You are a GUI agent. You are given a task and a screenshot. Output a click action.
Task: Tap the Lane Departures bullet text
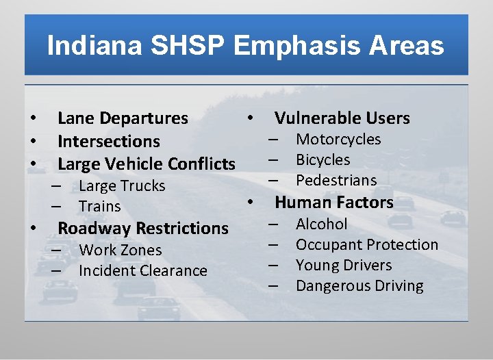click(123, 118)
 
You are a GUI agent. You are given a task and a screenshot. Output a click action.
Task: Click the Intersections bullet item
click(108, 142)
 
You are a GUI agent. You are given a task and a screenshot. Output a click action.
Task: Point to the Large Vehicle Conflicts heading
click(146, 164)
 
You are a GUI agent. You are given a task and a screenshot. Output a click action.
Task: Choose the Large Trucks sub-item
click(122, 186)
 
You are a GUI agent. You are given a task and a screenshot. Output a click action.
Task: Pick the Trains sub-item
click(99, 207)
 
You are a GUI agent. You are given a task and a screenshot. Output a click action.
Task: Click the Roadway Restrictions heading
click(142, 229)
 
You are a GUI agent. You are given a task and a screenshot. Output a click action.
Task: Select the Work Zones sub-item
click(120, 250)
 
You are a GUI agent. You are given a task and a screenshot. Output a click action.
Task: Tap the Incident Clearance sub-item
click(142, 271)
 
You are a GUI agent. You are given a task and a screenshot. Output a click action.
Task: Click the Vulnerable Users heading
click(342, 118)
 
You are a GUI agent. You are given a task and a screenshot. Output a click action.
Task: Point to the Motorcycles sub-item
click(338, 140)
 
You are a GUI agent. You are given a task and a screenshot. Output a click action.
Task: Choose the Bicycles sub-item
click(323, 160)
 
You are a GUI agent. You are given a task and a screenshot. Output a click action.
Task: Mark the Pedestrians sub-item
click(336, 181)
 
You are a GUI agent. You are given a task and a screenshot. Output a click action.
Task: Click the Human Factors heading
click(333, 203)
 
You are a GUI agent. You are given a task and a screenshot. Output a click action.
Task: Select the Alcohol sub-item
click(321, 224)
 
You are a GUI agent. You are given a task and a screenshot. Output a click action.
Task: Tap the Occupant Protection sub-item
click(366, 245)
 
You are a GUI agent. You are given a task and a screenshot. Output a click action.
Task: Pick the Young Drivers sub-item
click(344, 266)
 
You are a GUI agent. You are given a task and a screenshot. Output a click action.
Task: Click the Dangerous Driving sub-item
click(359, 286)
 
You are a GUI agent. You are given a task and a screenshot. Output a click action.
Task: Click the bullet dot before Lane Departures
click(32, 119)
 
